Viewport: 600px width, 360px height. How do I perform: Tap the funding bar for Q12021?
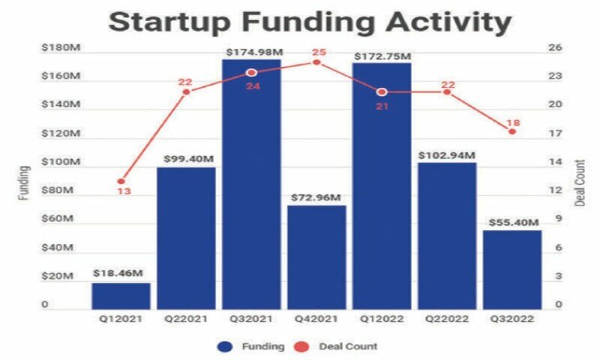tap(121, 295)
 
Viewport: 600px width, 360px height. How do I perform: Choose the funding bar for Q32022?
tap(512, 269)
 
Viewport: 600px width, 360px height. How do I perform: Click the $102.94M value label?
tap(447, 155)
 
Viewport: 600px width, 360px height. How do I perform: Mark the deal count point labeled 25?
tap(316, 62)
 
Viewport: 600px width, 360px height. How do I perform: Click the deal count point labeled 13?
tap(121, 181)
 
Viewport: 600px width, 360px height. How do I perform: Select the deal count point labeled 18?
tap(512, 131)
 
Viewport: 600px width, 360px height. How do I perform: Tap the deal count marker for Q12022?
tap(382, 91)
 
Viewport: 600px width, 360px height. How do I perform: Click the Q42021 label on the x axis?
tap(316, 318)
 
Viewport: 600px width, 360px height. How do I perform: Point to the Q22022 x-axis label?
tap(447, 318)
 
